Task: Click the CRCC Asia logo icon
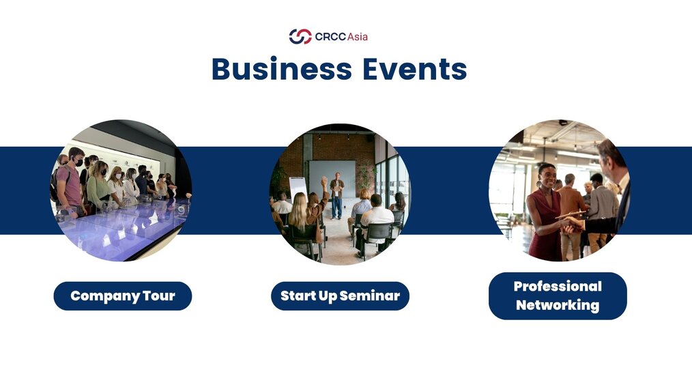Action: pyautogui.click(x=300, y=37)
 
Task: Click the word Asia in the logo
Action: pyautogui.click(x=357, y=37)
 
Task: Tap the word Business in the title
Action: pyautogui.click(x=282, y=69)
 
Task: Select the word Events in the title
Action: pyautogui.click(x=415, y=69)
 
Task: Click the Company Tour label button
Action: pyautogui.click(x=123, y=296)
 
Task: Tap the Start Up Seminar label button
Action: pyautogui.click(x=341, y=296)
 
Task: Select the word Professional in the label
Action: pyautogui.click(x=558, y=287)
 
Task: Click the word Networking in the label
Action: pyautogui.click(x=558, y=305)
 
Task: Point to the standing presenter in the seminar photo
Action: pyautogui.click(x=336, y=196)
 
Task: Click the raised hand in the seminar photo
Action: pyautogui.click(x=324, y=181)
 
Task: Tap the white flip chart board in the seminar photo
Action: pyautogui.click(x=298, y=188)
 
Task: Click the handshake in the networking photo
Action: pyautogui.click(x=572, y=224)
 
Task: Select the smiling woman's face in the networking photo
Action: pyautogui.click(x=547, y=175)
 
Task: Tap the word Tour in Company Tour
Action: pyautogui.click(x=159, y=296)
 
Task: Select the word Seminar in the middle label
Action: pyautogui.click(x=369, y=296)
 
